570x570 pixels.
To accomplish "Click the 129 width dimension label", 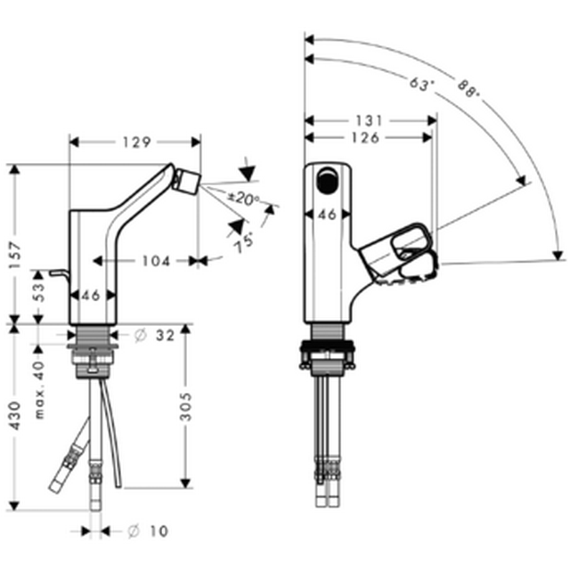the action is coord(136,142).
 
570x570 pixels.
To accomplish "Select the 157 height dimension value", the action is coord(16,255).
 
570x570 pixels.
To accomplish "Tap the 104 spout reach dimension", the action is coord(156,261).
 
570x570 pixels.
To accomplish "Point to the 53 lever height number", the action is coord(39,292).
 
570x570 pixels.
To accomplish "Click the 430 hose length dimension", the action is coord(15,416).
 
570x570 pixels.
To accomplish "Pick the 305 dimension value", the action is coord(186,406).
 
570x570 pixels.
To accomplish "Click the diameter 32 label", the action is coord(154,336).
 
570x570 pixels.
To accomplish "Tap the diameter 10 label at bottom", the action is coord(149,531).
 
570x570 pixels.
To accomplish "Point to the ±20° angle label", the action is coord(243,198).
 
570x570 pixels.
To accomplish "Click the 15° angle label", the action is coord(243,243).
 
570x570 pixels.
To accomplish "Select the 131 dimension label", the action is coord(369,121).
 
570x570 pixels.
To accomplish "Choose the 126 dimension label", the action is coord(365,138).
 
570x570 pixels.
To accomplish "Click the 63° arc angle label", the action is coord(422,85).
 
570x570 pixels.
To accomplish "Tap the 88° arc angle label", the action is coord(469,89).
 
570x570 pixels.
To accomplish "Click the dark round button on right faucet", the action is coord(327,180).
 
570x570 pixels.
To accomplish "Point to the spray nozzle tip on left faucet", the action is coord(188,180).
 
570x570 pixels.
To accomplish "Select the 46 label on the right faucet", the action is coord(327,215).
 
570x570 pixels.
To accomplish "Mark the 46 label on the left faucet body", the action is coord(91,296).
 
